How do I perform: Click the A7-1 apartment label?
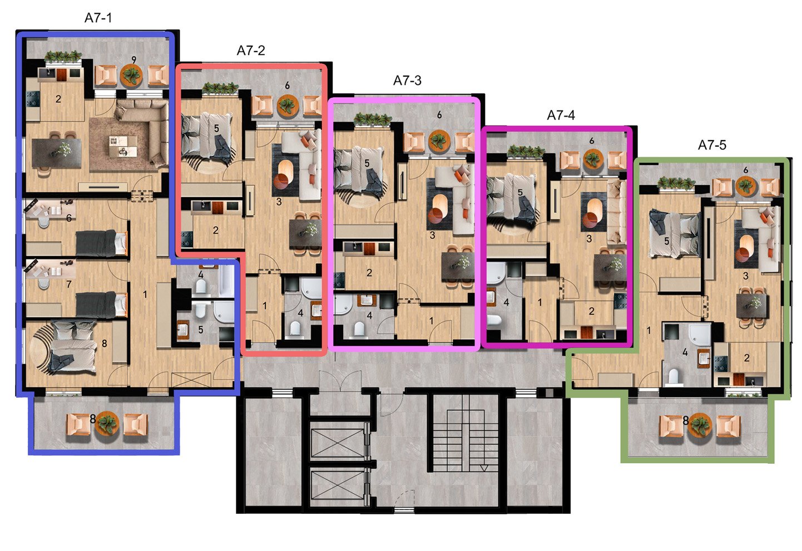(x=98, y=18)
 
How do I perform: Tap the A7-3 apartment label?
(x=407, y=81)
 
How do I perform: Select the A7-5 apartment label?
(x=712, y=145)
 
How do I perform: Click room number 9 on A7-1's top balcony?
(x=133, y=60)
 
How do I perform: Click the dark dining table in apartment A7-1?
(x=57, y=153)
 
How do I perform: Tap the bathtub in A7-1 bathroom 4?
(x=226, y=280)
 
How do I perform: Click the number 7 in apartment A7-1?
(x=69, y=284)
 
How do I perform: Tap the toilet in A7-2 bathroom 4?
(x=295, y=328)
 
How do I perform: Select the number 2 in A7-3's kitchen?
(x=369, y=273)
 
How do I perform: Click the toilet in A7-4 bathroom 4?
(x=494, y=320)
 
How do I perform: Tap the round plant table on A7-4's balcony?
(x=593, y=159)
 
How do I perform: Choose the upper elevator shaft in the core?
(x=338, y=443)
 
